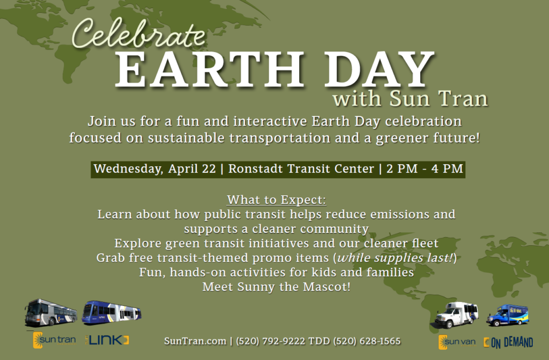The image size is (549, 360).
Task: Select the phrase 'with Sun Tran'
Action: (x=410, y=99)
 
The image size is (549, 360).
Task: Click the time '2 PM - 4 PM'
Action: (x=424, y=168)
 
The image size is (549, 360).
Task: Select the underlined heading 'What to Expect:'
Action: (x=277, y=200)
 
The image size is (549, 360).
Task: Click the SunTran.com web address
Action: (x=194, y=341)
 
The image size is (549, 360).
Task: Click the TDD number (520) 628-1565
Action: (x=367, y=341)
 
